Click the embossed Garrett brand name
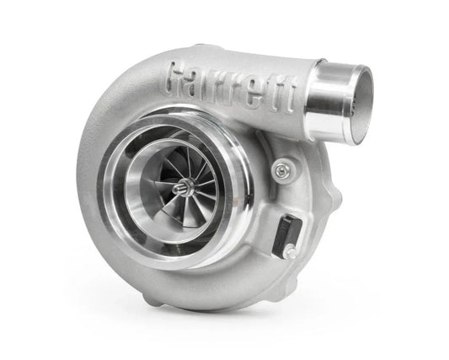[x=232, y=87]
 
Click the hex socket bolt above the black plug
[x=280, y=169]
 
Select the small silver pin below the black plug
[x=290, y=250]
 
